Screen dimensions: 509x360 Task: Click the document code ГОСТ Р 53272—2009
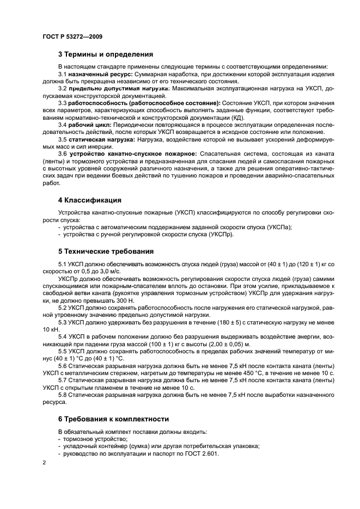point(72,36)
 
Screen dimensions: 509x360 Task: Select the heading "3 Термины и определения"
point(105,54)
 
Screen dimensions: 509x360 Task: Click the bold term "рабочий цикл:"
point(89,125)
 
